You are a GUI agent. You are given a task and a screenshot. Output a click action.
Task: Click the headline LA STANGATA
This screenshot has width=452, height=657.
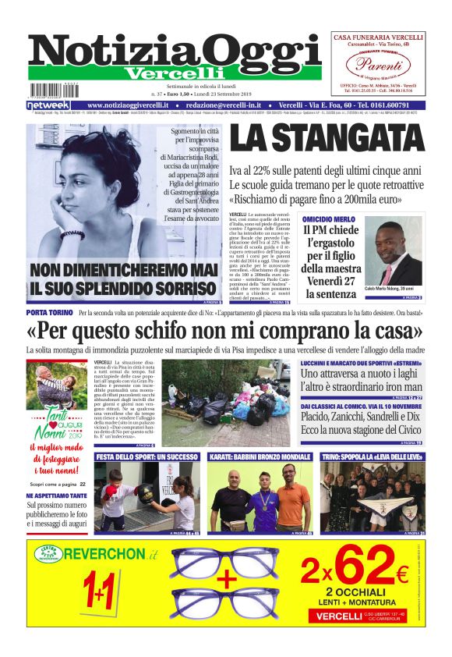328,138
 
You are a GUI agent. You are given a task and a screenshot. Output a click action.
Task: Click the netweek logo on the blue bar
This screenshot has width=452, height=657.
48,105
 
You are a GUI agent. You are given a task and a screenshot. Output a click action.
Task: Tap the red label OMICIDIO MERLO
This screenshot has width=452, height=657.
329,220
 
